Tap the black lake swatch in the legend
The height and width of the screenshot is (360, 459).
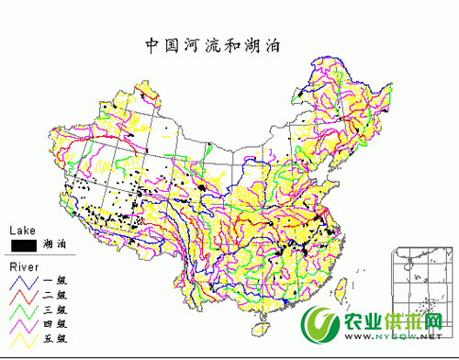pos(24,245)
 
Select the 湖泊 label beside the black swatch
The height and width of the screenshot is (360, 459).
pos(54,245)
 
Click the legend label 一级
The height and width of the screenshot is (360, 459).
pos(54,281)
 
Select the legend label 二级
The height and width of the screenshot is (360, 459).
pos(54,296)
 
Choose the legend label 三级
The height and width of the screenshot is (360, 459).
pos(54,310)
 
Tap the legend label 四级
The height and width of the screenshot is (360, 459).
pos(54,325)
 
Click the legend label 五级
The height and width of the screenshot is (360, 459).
pos(54,340)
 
